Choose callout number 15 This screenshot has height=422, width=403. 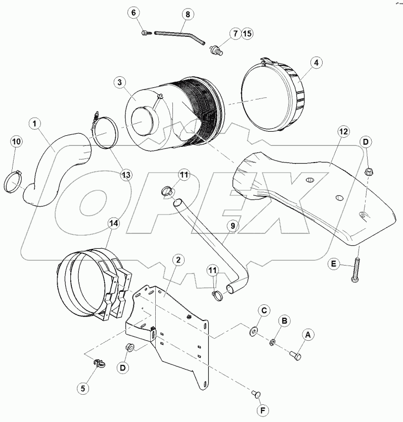[246, 34]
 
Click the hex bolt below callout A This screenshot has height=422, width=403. [295, 356]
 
